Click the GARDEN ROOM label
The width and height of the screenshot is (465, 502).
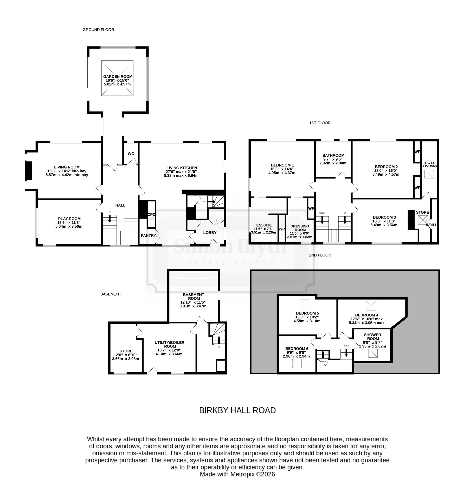coord(118,77)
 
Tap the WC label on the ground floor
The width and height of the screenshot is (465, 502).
coord(131,154)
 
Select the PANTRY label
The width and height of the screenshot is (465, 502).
coord(149,236)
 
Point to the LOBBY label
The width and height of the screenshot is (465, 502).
coord(210,233)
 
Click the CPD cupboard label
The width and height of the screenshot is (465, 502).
coord(152,214)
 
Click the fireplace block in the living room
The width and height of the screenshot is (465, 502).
coord(29,171)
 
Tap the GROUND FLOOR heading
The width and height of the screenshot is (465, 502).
coord(98,30)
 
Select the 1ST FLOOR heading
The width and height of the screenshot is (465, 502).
coord(320,123)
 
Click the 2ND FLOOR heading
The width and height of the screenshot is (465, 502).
coord(320,255)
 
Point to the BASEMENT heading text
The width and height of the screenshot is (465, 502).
coord(111,294)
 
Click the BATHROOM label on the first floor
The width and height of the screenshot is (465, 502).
coord(333,156)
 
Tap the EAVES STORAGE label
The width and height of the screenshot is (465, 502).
coord(429,164)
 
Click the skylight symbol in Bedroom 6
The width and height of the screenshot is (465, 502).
coord(297,363)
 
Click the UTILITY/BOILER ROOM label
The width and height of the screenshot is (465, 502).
coord(169,345)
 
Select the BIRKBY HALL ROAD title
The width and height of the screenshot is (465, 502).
coord(238,410)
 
